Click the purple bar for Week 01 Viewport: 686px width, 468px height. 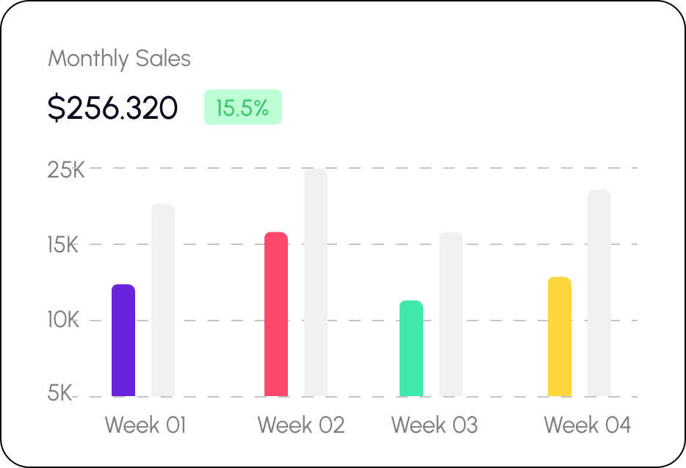(x=123, y=340)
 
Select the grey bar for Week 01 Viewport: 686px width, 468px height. (x=163, y=300)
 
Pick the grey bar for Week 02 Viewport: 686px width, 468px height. (x=316, y=282)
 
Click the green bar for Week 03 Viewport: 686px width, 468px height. (x=411, y=348)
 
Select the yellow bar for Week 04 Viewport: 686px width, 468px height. (x=560, y=337)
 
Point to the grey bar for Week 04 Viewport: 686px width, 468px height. (x=599, y=293)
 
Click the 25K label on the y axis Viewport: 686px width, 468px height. (x=66, y=170)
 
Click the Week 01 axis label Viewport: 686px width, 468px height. (x=145, y=425)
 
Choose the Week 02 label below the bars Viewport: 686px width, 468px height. (x=301, y=425)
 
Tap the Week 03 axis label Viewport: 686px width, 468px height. (x=434, y=425)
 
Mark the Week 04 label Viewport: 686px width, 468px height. (x=587, y=425)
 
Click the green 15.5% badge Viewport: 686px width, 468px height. (x=243, y=108)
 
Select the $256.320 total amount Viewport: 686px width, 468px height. (x=112, y=108)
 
